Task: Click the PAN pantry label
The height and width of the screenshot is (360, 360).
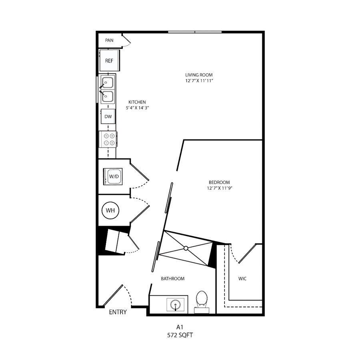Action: click(x=109, y=40)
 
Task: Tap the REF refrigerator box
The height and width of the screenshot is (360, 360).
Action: click(x=109, y=61)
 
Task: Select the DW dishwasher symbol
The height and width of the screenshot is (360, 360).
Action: click(x=108, y=116)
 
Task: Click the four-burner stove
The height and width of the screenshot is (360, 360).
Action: click(x=108, y=139)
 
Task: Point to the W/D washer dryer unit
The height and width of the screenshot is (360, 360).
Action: click(x=113, y=176)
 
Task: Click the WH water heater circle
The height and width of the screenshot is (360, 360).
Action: click(x=110, y=210)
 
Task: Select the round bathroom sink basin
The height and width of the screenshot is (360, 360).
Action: click(x=176, y=305)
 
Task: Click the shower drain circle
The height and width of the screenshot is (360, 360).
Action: click(x=186, y=248)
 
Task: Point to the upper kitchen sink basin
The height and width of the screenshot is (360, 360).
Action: click(x=108, y=83)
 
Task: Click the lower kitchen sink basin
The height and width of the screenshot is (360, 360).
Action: click(x=108, y=96)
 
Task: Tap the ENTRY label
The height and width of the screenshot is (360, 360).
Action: click(x=118, y=312)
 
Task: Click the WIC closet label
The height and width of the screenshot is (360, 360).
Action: click(x=242, y=279)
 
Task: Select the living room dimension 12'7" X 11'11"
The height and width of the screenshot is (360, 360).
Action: click(x=199, y=81)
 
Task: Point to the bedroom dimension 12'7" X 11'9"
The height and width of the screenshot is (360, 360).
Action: click(x=220, y=188)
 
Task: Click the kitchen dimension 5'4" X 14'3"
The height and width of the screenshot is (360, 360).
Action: click(x=137, y=108)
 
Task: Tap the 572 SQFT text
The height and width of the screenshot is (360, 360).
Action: click(x=180, y=335)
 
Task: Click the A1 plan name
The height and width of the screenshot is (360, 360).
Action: click(x=180, y=327)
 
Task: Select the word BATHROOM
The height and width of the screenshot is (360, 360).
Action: click(x=173, y=279)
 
